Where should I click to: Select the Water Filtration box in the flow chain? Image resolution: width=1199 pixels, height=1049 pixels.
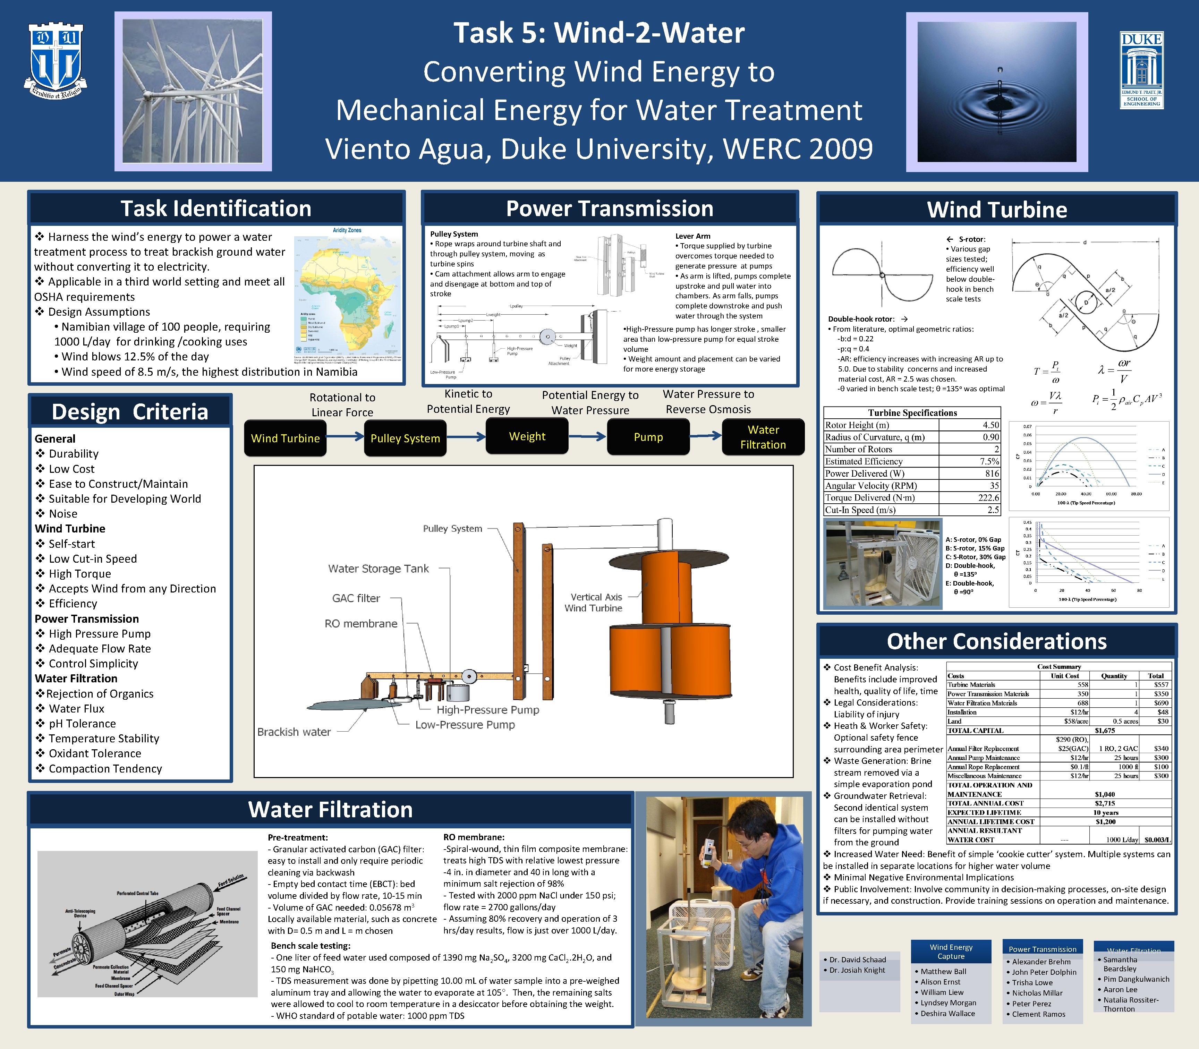763,437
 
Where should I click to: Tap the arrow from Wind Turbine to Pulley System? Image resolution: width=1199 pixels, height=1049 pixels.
346,436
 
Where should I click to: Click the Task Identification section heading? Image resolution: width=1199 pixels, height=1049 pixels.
216,208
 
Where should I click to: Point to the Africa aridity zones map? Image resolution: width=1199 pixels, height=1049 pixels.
348,293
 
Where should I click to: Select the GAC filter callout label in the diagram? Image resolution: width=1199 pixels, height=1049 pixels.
356,598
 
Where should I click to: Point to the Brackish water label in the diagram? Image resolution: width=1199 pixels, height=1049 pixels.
294,732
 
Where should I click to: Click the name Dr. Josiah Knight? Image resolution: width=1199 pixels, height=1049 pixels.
857,970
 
